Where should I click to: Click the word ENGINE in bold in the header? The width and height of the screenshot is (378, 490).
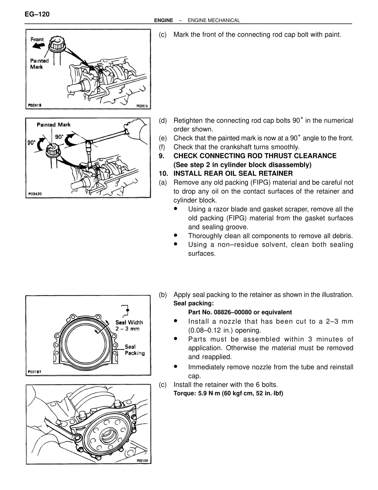click(163, 20)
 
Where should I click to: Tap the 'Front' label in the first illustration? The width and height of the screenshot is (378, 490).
click(37, 39)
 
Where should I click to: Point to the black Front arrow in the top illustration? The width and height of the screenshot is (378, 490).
click(38, 45)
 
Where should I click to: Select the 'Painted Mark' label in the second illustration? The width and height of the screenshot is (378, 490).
click(53, 125)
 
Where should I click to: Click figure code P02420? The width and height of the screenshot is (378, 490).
click(35, 194)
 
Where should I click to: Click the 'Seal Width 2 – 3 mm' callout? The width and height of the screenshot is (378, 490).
click(129, 325)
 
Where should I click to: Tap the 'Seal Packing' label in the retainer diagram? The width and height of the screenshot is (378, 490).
click(134, 350)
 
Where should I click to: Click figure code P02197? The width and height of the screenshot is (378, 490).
click(35, 372)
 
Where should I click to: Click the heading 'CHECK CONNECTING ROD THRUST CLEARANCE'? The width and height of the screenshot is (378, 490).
click(255, 156)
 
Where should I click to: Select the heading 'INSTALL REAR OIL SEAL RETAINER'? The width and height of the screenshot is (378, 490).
click(233, 173)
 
